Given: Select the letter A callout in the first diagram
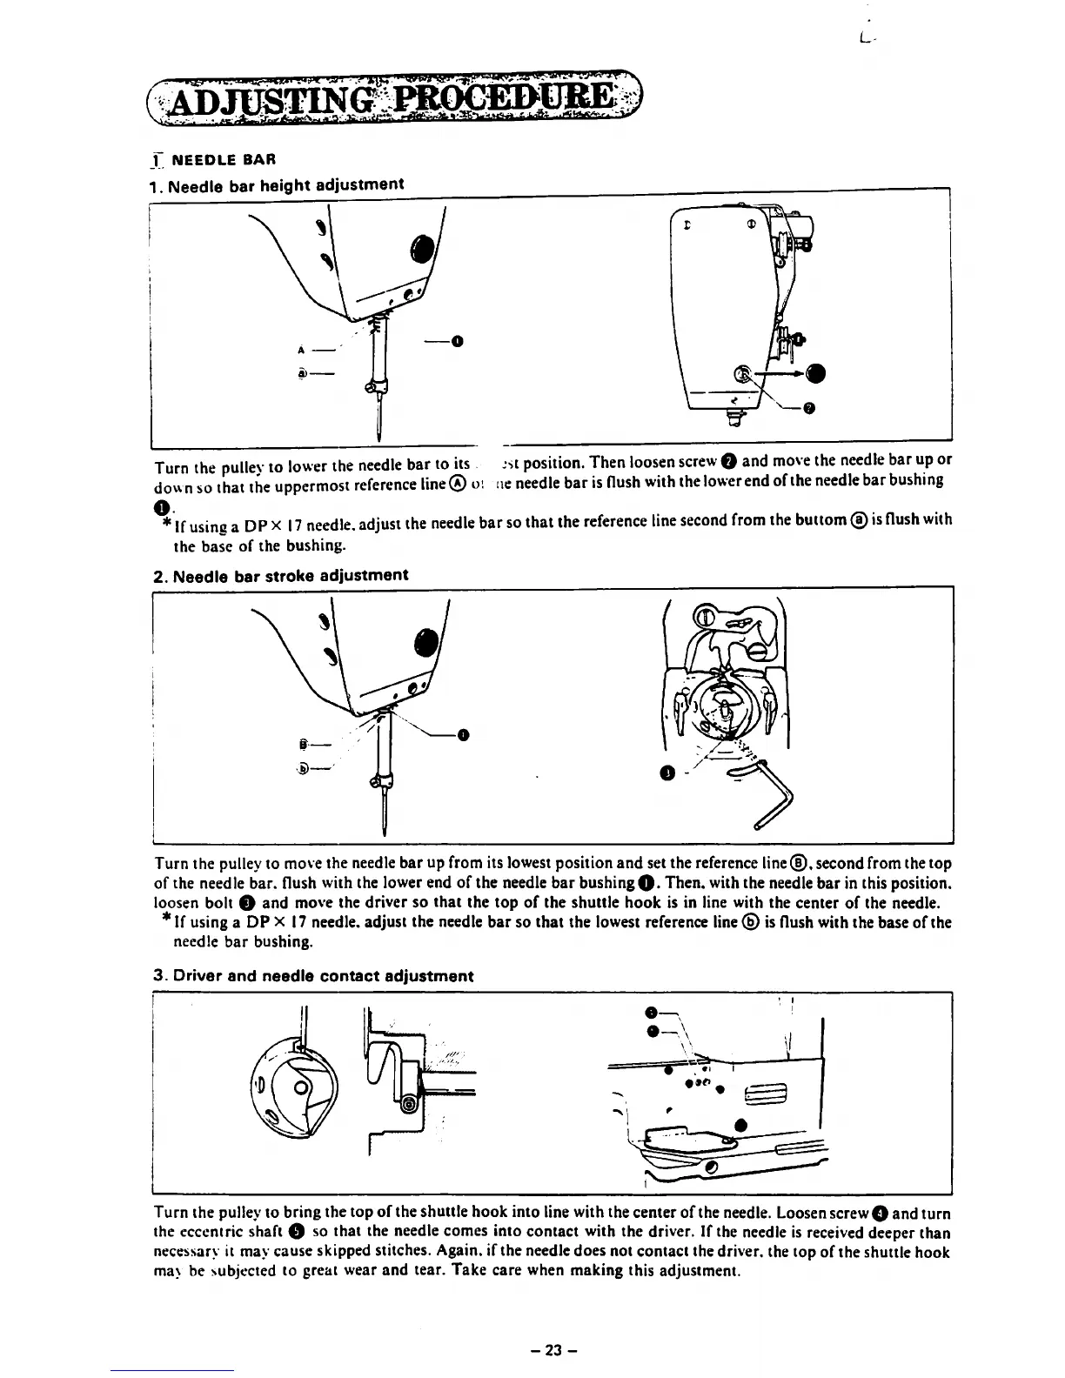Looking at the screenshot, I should (x=300, y=351).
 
